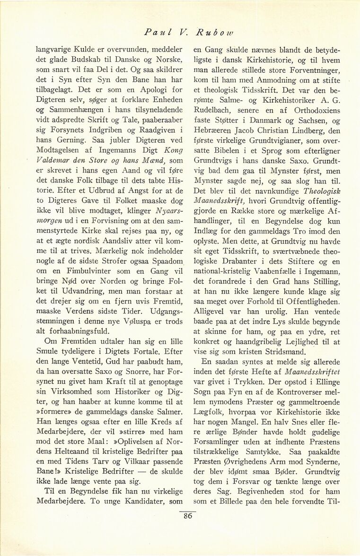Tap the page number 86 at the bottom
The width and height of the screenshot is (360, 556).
tap(188, 516)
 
